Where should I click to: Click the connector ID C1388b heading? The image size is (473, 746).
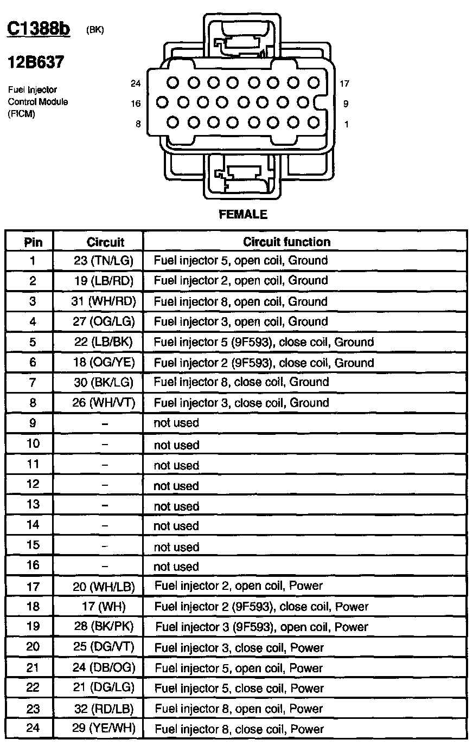click(x=39, y=28)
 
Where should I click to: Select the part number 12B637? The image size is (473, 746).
click(x=35, y=62)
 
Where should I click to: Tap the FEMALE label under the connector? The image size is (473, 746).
click(x=243, y=215)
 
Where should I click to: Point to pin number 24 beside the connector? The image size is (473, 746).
click(x=136, y=83)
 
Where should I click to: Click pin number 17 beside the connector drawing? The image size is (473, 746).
click(x=344, y=83)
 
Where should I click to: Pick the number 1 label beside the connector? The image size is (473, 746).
click(x=346, y=125)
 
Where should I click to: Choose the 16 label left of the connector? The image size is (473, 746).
click(x=136, y=104)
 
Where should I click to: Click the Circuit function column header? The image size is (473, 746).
click(x=286, y=242)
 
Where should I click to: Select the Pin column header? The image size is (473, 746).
click(x=33, y=242)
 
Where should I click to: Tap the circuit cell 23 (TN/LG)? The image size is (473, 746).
click(x=104, y=261)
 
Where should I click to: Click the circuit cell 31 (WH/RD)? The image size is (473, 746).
click(x=105, y=301)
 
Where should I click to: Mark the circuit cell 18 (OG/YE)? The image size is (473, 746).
click(x=104, y=362)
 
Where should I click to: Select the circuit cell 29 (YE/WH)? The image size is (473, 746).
click(x=104, y=728)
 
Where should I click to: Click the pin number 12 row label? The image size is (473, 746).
click(x=33, y=485)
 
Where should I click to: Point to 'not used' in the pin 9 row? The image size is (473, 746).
click(x=176, y=423)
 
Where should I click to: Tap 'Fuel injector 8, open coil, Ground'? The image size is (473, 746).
click(x=241, y=301)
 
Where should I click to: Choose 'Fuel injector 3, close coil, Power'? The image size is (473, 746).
click(x=239, y=647)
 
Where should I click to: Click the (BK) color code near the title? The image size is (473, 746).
click(x=95, y=30)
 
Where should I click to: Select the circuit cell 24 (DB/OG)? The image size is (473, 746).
click(x=104, y=667)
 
